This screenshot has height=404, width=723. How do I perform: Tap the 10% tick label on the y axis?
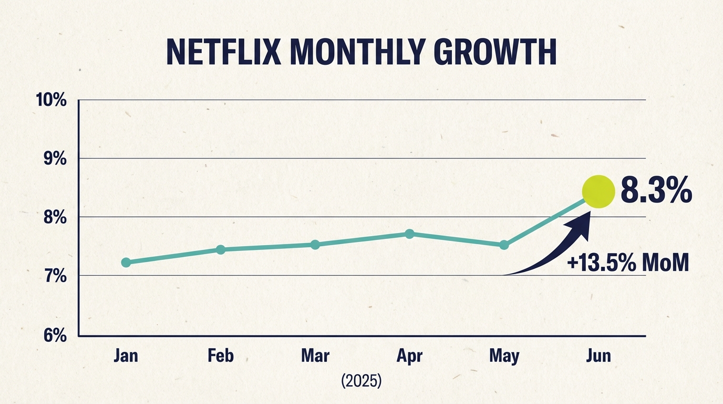(x=51, y=99)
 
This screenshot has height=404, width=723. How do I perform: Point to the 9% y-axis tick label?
(x=55, y=158)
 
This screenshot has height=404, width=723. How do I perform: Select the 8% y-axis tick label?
(x=55, y=217)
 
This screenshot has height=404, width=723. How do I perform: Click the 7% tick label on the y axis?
(x=55, y=276)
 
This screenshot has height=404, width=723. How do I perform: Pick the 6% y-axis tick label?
(x=55, y=335)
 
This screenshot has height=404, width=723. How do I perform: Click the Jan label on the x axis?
(x=126, y=356)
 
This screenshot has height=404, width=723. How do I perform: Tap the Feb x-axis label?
(x=221, y=356)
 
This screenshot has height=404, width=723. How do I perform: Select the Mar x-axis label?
(x=315, y=356)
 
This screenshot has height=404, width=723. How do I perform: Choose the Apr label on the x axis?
(x=409, y=357)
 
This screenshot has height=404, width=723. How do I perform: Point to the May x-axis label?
(x=504, y=357)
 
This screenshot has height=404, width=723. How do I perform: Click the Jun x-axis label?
(x=598, y=356)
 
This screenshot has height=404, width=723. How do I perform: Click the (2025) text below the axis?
(x=361, y=381)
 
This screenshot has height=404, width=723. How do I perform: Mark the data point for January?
(x=126, y=262)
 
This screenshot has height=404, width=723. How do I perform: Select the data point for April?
(x=410, y=234)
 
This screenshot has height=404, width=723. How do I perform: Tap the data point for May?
(x=504, y=245)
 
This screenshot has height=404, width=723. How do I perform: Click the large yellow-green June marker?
(x=598, y=191)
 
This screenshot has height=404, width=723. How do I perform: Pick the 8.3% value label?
(x=656, y=192)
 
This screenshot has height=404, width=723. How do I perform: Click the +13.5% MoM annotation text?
(x=628, y=262)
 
